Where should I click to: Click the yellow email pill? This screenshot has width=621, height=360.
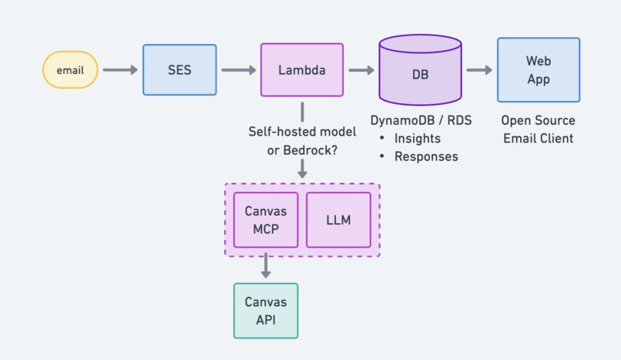click(x=70, y=70)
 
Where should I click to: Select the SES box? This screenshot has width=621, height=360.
click(x=180, y=70)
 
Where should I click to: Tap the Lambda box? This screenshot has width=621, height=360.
click(x=301, y=70)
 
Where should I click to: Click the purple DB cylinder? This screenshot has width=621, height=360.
click(x=421, y=75)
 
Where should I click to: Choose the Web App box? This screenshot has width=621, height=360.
click(x=538, y=70)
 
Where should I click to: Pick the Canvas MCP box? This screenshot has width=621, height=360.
click(x=266, y=220)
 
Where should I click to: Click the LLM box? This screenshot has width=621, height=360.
click(x=338, y=220)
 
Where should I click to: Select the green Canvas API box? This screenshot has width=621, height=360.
click(x=266, y=310)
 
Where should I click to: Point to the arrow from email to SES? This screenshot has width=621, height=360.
click(x=120, y=70)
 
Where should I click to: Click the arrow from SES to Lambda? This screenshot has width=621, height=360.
click(x=238, y=70)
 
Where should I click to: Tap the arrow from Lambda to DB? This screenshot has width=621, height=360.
click(x=361, y=70)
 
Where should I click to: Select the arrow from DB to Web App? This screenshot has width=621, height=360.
click(x=479, y=70)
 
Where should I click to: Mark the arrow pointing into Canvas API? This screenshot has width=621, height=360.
click(x=266, y=265)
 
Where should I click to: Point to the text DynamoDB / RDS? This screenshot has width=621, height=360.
click(x=421, y=121)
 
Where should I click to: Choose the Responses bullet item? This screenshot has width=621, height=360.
click(x=426, y=156)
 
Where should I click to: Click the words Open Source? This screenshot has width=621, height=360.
click(x=538, y=121)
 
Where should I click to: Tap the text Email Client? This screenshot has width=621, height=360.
click(x=538, y=139)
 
